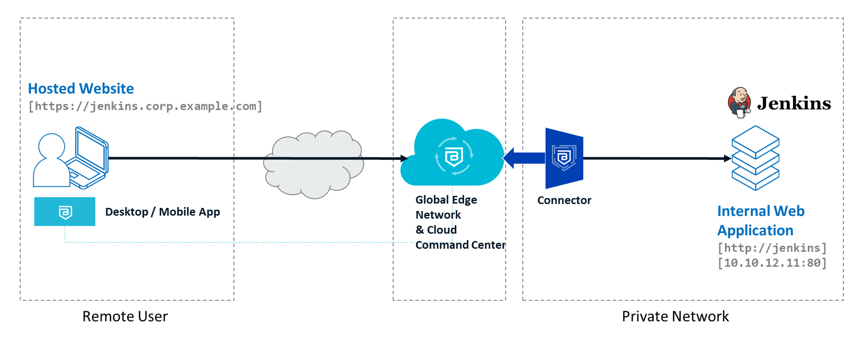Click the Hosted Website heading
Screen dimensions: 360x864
tap(81, 89)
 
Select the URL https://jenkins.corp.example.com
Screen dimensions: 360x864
tap(145, 106)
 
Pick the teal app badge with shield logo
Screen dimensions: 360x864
tap(65, 212)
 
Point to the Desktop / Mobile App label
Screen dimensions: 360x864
tap(162, 212)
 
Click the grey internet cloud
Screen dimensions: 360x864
tap(314, 164)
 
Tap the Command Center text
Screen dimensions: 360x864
tap(460, 245)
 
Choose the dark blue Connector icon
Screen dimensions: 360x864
tap(564, 158)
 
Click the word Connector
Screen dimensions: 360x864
tap(564, 200)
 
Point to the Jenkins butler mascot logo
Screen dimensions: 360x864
tap(740, 102)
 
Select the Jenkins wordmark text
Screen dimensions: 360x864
tap(794, 103)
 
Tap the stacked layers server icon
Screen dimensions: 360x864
tap(755, 158)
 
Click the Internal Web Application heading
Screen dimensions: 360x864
tap(760, 220)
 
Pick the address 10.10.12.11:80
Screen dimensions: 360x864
tap(772, 263)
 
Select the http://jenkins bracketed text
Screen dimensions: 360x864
tap(772, 248)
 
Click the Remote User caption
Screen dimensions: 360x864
tap(125, 316)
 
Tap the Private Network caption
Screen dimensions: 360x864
tap(675, 316)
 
